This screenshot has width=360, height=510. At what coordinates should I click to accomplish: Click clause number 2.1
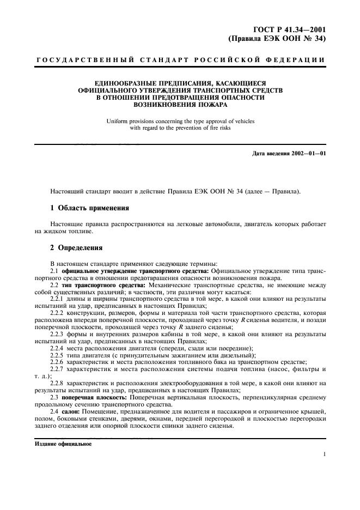[x=54, y=271]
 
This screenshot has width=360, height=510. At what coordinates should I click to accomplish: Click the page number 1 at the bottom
[x=324, y=454]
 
